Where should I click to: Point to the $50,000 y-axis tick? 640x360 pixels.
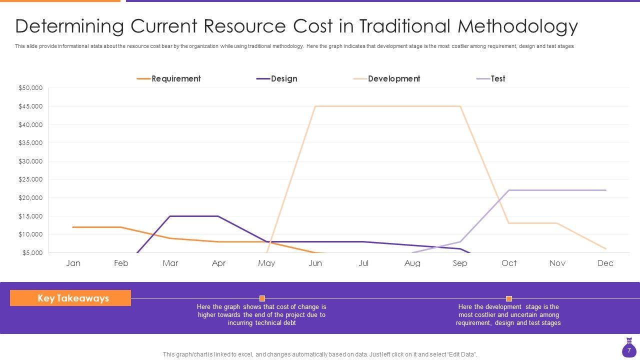(x=30, y=88)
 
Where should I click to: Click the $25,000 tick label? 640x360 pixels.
(x=30, y=179)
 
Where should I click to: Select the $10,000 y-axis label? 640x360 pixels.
(x=30, y=234)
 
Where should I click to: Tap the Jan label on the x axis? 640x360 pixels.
(x=73, y=263)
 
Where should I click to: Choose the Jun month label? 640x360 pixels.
(x=315, y=263)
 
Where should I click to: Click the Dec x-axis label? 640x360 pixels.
(x=605, y=263)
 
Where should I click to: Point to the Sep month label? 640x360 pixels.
(x=460, y=263)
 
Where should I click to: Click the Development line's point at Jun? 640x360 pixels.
(x=315, y=106)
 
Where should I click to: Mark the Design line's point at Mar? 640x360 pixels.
(x=170, y=216)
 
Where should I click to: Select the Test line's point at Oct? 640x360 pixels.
(x=508, y=190)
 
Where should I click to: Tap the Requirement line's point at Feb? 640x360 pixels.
(x=121, y=227)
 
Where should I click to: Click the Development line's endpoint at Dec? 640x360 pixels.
(x=605, y=249)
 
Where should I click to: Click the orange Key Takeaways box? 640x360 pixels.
(x=70, y=298)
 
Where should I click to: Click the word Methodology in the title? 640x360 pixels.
(x=517, y=26)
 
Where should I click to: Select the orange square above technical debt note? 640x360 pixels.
(x=262, y=298)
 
